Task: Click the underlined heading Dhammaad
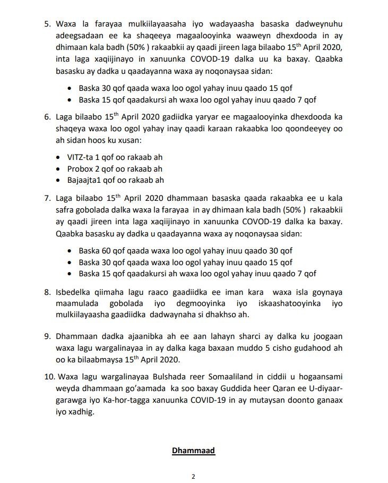tap(193, 451)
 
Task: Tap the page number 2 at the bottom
tap(194, 476)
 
